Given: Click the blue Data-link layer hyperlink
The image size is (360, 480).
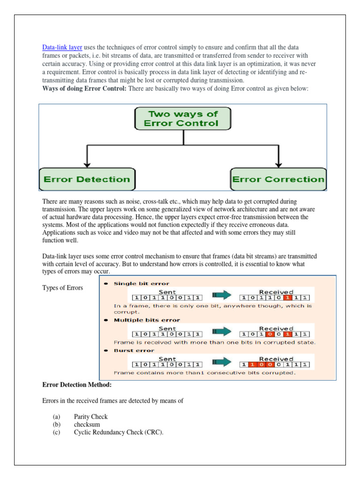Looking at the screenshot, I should point(62,47).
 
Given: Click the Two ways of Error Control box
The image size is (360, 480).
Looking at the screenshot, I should point(183,119).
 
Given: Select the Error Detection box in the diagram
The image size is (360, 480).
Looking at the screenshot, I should point(87,179).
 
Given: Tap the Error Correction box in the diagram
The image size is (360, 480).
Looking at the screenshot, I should point(278,179).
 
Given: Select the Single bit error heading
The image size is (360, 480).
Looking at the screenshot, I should point(142,284).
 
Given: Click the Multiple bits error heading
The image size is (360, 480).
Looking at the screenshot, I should point(147,320).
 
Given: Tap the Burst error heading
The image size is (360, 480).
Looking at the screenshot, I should point(134,350).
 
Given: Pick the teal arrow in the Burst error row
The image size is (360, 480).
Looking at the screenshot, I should point(222,363).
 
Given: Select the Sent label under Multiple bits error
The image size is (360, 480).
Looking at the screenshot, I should point(167,328).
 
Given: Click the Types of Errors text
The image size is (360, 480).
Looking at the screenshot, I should point(62,288).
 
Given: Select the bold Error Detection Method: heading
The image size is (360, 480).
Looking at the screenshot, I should point(77,385).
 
